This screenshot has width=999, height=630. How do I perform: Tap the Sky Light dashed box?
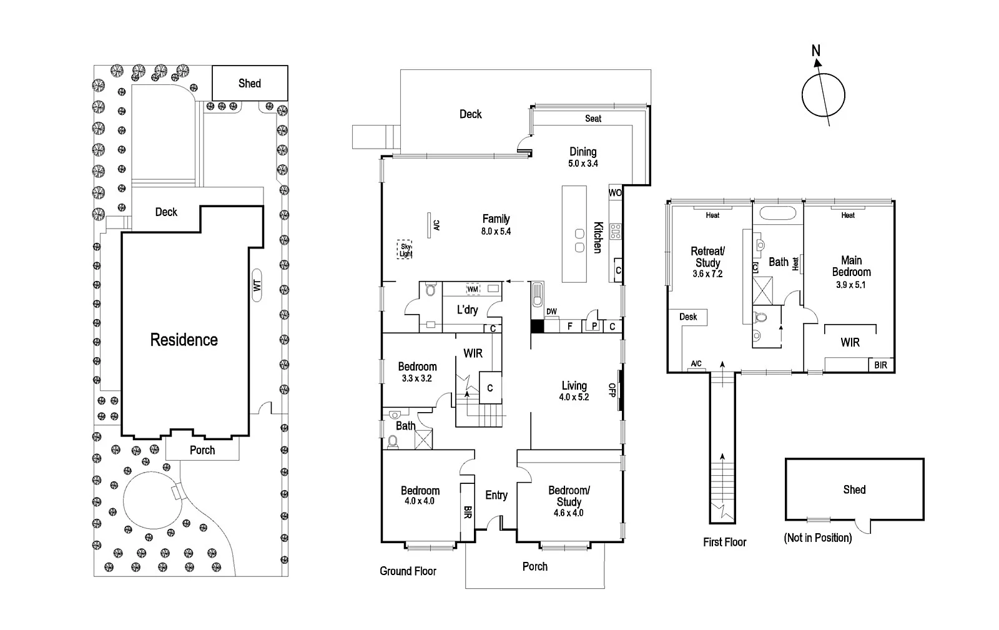pyautogui.click(x=406, y=250)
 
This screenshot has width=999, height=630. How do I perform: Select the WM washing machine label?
pyautogui.click(x=473, y=289)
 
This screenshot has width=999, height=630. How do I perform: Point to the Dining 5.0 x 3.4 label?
pyautogui.click(x=583, y=157)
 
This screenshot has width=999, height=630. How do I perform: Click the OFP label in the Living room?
pyautogui.click(x=613, y=390)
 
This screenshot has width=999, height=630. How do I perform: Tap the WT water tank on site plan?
pyautogui.click(x=257, y=285)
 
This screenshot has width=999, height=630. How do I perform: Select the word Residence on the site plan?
pyautogui.click(x=184, y=340)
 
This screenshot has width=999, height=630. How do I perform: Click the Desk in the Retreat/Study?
pyautogui.click(x=688, y=317)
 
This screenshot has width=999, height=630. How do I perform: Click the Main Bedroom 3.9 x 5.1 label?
pyautogui.click(x=851, y=272)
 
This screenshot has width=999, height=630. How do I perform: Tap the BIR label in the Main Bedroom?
pyautogui.click(x=880, y=365)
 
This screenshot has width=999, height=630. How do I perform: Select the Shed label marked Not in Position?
pyautogui.click(x=854, y=490)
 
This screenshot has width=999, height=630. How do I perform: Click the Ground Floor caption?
pyautogui.click(x=408, y=571)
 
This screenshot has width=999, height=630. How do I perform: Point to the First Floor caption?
pyautogui.click(x=724, y=542)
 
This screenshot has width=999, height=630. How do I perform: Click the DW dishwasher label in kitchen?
pyautogui.click(x=551, y=312)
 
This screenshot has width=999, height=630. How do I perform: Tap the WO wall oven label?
pyautogui.click(x=615, y=193)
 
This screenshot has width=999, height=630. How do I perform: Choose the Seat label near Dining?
pyautogui.click(x=593, y=118)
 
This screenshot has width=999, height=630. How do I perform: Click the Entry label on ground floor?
pyautogui.click(x=496, y=495)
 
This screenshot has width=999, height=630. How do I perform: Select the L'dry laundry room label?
pyautogui.click(x=467, y=310)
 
